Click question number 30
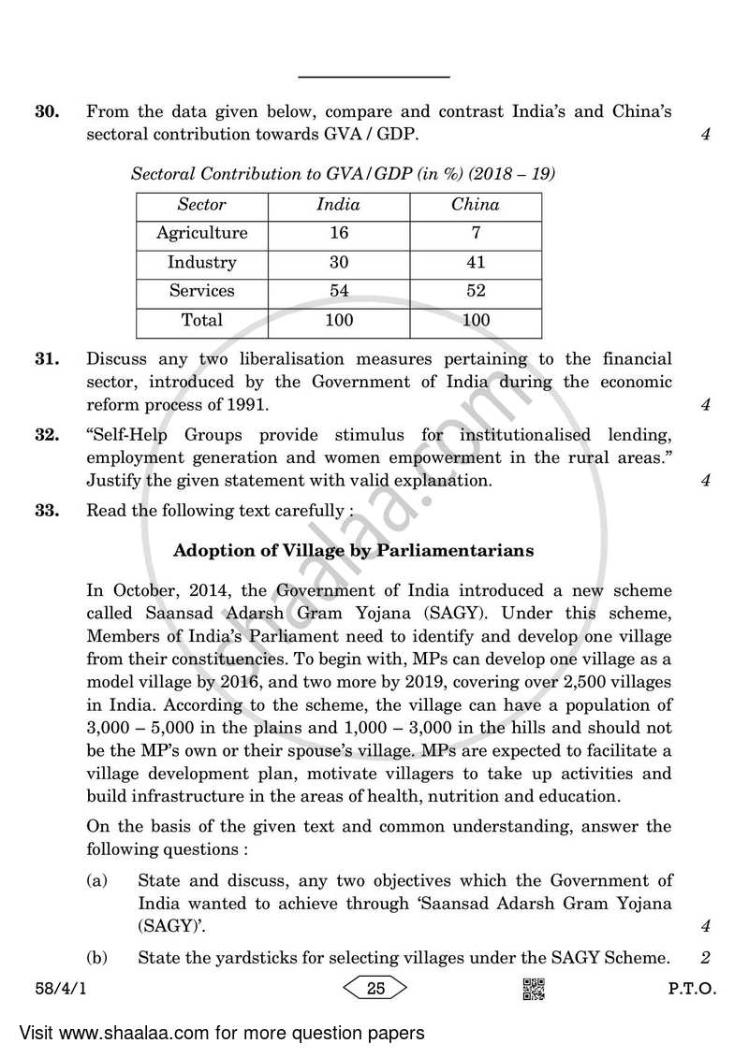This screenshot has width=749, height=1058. pyautogui.click(x=47, y=112)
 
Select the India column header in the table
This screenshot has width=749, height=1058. pyautogui.click(x=338, y=205)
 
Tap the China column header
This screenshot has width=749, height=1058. pyautogui.click(x=475, y=205)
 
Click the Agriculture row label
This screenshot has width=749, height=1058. pyautogui.click(x=202, y=233)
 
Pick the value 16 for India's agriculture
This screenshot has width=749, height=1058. pyautogui.click(x=338, y=233)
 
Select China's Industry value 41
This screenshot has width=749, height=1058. pyautogui.click(x=475, y=262)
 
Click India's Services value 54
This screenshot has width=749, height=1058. pyautogui.click(x=338, y=291)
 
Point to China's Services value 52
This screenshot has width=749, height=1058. pyautogui.click(x=475, y=291)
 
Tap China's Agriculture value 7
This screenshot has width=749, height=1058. pyautogui.click(x=475, y=233)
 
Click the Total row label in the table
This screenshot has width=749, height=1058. pyautogui.click(x=202, y=320)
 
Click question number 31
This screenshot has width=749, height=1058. pyautogui.click(x=47, y=359)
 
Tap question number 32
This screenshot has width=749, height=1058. pyautogui.click(x=47, y=436)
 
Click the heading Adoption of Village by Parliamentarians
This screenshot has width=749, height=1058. pyautogui.click(x=354, y=551)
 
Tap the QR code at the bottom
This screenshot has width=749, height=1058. pyautogui.click(x=533, y=989)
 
